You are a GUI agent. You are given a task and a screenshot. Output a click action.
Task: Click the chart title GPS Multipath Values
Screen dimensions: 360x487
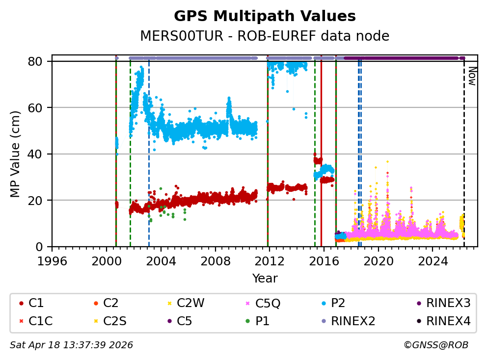coord(265,16)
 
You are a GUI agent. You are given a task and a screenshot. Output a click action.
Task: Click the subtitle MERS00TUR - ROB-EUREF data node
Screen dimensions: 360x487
coord(265,36)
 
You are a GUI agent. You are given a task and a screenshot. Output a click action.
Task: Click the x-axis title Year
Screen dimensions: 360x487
coord(265,279)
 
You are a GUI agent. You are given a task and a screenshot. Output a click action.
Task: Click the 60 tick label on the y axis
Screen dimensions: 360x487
coord(39,107)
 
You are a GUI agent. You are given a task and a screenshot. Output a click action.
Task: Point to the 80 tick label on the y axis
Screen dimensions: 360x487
coord(39,61)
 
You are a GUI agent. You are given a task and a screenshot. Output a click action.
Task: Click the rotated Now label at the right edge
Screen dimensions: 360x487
coord(472,77)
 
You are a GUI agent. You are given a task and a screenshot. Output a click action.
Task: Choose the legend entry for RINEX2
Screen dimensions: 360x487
coord(352,321)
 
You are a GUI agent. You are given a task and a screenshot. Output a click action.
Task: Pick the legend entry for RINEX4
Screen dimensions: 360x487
coord(448,321)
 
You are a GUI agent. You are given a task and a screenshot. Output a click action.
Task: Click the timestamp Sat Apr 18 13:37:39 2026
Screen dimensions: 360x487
coord(71,345)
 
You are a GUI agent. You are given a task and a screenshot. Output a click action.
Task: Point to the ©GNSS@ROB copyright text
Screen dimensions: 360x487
coord(435,345)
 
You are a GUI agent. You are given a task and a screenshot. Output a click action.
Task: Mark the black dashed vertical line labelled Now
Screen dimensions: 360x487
coord(464,157)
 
